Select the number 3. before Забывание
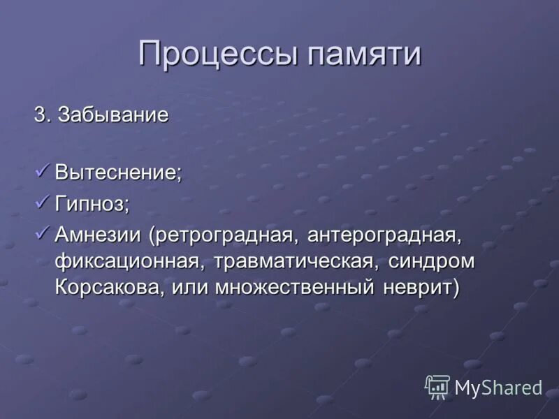pos(43,115)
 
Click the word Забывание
pos(114,115)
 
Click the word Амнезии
pos(98,237)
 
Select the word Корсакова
pos(111,288)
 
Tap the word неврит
pos(423,288)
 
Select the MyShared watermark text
pos(498,388)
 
